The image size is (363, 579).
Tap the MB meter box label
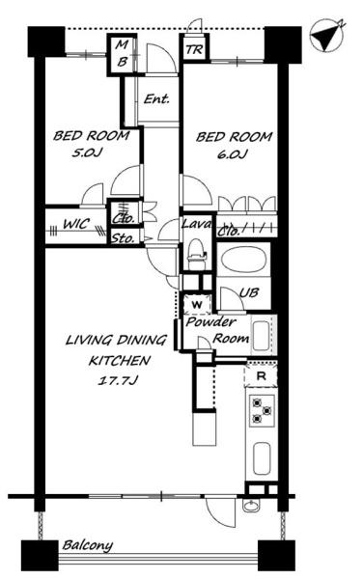tap(122, 54)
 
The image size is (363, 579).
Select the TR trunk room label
tap(194, 49)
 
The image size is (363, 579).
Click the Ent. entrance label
tap(156, 98)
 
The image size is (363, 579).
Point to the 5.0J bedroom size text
tap(86, 153)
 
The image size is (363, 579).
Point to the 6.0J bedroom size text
tap(232, 154)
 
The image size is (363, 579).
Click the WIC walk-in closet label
tap(76, 224)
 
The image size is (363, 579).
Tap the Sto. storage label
tap(123, 238)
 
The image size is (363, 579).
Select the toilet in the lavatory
tap(196, 253)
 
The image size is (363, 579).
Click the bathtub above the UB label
tap(243, 260)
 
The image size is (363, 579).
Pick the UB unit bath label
tap(248, 292)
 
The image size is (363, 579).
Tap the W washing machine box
tap(198, 305)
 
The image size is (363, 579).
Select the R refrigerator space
tap(261, 376)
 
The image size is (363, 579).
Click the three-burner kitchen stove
tap(262, 411)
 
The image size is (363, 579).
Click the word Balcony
tap(88, 545)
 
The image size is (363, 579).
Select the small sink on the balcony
tap(251, 505)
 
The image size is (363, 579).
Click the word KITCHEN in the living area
tap(120, 360)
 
